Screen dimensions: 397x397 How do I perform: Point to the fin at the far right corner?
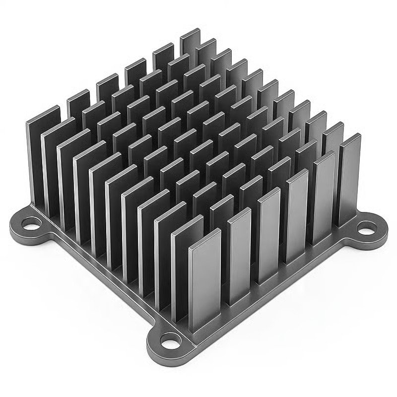pos(350,184)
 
